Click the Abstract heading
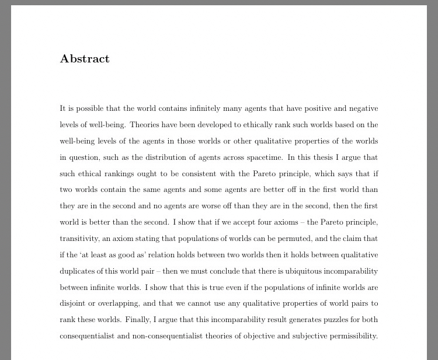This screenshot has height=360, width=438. coord(85,59)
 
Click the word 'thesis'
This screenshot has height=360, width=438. coord(324,158)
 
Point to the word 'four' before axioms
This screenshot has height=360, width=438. coord(279,222)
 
